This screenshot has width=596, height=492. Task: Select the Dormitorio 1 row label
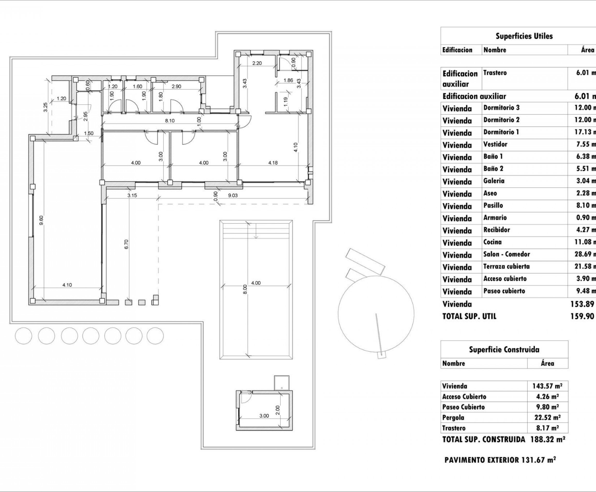point(501,132)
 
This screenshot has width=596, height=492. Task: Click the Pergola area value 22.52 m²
point(547,417)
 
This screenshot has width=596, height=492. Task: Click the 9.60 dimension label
point(41,220)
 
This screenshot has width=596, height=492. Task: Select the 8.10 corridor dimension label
point(170,121)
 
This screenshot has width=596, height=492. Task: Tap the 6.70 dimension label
point(126,244)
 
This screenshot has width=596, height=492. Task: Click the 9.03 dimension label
point(233,196)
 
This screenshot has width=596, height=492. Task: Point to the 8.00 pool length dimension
point(245,289)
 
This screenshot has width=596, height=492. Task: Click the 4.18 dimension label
point(273,163)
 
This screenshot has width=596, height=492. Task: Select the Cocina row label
point(492,242)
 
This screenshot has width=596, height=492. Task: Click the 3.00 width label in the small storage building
point(264,416)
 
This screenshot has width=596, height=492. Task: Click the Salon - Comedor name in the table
point(506,254)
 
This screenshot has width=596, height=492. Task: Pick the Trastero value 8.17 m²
point(547,428)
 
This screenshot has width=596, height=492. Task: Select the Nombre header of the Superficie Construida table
point(453,363)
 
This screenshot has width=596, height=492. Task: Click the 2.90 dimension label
point(176,86)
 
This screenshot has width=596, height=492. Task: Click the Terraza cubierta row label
point(506,266)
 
